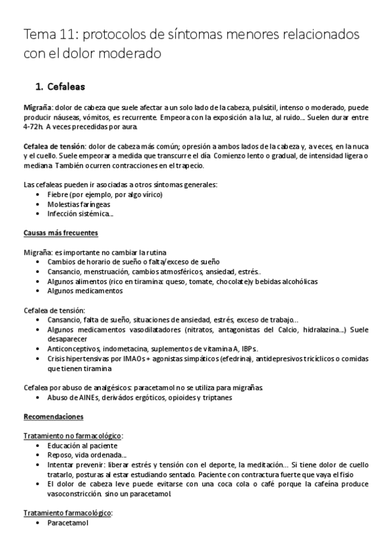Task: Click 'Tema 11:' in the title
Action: click(x=48, y=33)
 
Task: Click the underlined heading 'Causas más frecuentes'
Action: click(x=61, y=233)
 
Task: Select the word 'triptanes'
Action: click(x=215, y=397)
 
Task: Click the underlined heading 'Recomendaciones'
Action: click(x=52, y=417)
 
